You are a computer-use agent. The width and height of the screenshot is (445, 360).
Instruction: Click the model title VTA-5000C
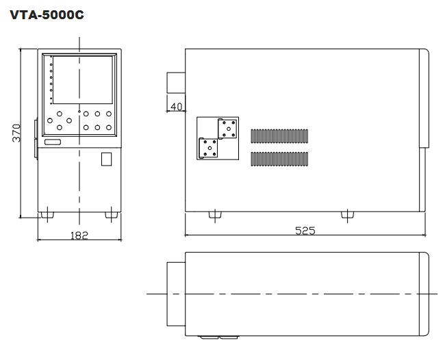pyautogui.click(x=47, y=15)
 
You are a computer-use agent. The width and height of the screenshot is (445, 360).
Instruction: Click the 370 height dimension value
pyautogui.click(x=16, y=133)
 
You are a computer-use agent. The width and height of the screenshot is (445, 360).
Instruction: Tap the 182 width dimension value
pyautogui.click(x=79, y=235)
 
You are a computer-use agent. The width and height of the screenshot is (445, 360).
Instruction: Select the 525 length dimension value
pyautogui.click(x=305, y=231)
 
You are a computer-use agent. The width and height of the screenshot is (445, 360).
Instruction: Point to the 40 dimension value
pyautogui.click(x=176, y=107)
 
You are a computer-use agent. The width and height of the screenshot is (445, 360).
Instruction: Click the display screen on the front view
pyautogui.click(x=83, y=79)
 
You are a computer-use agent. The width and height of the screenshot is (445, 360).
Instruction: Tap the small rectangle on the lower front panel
pyautogui.click(x=106, y=159)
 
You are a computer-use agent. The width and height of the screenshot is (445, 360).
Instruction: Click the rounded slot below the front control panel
pyautogui.click(x=53, y=142)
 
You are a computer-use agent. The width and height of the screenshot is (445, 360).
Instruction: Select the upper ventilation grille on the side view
pyautogui.click(x=279, y=136)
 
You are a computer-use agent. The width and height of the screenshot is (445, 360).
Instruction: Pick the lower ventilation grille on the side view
pyautogui.click(x=279, y=159)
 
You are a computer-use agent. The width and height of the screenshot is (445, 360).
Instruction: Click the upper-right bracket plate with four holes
pyautogui.click(x=227, y=129)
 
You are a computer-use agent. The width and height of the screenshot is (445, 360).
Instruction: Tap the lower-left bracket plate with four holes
pyautogui.click(x=209, y=148)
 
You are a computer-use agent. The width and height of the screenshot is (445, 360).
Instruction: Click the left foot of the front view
pyautogui.click(x=47, y=215)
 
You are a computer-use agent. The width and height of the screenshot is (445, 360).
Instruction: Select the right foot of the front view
pyautogui.click(x=112, y=215)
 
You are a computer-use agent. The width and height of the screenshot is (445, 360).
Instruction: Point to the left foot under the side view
pyautogui.click(x=215, y=215)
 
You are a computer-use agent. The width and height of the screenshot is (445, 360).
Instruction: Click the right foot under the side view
pyautogui.click(x=347, y=215)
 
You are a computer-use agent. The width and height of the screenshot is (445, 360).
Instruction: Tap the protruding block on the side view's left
pyautogui.click(x=176, y=83)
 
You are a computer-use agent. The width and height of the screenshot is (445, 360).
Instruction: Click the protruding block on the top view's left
pyautogui.click(x=176, y=294)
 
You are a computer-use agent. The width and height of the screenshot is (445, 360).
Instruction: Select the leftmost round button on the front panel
pyautogui.click(x=50, y=120)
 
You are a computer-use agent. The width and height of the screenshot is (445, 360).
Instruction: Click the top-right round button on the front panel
pyautogui.click(x=109, y=114)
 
